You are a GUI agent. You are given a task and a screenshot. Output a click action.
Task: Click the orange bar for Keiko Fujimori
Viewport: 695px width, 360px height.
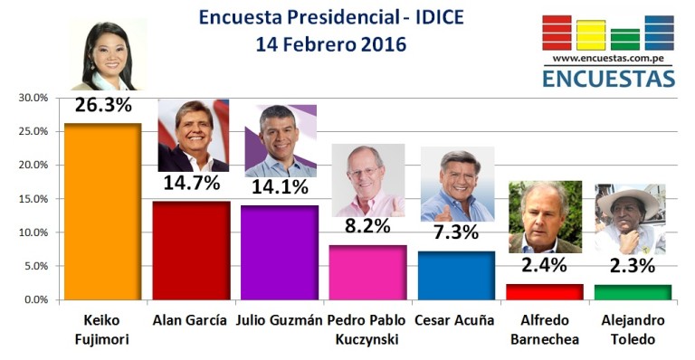coord(103,212)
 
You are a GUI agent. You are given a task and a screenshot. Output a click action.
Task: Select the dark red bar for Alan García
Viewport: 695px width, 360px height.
coord(192,251)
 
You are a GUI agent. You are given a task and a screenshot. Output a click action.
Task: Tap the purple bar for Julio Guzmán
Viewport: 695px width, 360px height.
coord(280,253)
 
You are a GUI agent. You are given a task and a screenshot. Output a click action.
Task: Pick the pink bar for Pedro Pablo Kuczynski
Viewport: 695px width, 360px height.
coord(368,273)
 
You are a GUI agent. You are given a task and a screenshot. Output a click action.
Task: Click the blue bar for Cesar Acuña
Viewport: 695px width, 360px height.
coord(456,276)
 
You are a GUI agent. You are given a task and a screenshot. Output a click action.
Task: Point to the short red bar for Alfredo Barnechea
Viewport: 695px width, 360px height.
coord(544,292)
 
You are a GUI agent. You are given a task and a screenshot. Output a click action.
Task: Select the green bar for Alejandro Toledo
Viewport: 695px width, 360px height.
coord(633,293)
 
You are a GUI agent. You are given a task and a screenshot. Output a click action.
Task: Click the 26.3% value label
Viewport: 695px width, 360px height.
coord(103,106)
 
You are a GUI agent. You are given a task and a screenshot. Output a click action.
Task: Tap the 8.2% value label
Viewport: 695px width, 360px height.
coord(368,226)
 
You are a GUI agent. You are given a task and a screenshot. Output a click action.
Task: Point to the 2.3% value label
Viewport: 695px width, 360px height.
coord(633,266)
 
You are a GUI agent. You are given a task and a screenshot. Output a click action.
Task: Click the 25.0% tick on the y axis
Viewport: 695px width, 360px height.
coord(33,131)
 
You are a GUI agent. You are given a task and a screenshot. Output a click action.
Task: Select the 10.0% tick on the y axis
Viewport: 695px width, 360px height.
coord(33,232)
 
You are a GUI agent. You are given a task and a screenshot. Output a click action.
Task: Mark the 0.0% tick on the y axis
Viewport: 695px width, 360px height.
coord(36,299)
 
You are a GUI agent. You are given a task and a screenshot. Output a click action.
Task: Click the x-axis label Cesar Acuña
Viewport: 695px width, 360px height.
coord(454,320)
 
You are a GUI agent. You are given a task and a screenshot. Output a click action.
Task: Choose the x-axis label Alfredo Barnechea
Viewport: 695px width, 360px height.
coord(545,330)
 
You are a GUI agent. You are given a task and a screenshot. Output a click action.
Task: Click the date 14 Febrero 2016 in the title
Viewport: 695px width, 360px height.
coord(331,44)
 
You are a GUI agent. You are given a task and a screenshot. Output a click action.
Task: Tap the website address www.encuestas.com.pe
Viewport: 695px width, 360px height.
coord(608,58)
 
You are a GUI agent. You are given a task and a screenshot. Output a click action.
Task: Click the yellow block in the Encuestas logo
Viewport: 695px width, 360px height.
coord(591,35)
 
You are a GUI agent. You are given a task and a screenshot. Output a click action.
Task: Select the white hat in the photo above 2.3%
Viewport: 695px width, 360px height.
coord(629,201)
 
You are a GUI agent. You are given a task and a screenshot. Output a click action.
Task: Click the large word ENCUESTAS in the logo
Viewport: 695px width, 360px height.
coord(608,78)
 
